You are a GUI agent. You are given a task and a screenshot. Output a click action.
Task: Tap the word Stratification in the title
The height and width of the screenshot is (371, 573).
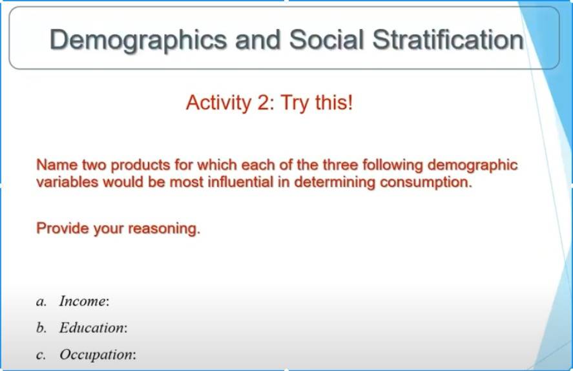tap(448, 39)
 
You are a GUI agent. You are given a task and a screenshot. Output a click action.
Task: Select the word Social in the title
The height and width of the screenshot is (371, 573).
tap(327, 39)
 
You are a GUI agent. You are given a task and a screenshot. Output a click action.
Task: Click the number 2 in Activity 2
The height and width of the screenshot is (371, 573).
tap(266, 102)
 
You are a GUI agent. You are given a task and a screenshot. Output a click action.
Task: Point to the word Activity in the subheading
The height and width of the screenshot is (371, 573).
tap(218, 103)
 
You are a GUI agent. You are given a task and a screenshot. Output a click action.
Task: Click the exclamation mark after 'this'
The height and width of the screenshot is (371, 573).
tap(350, 102)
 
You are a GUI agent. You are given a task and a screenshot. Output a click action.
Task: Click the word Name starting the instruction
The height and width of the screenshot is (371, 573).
tap(57, 165)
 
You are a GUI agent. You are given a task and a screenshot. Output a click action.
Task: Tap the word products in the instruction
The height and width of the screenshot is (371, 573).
tap(141, 165)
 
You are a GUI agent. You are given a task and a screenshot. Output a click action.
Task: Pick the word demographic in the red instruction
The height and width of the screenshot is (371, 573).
tap(472, 165)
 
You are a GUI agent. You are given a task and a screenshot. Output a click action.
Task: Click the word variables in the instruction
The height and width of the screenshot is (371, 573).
tap(68, 182)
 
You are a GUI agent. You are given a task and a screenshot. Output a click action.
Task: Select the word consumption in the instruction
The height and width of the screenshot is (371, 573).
tap(426, 182)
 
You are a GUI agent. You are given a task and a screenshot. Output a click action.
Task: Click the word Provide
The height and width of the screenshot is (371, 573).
tap(63, 228)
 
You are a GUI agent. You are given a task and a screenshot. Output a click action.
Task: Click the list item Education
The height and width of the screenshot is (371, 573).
tap(94, 328)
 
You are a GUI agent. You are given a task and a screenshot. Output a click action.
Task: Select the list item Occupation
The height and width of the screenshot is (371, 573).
tap(98, 355)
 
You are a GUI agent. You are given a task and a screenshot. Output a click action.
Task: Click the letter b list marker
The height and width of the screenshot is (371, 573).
tap(41, 328)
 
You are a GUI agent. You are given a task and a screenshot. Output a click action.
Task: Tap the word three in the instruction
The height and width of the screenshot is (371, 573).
tap(340, 165)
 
